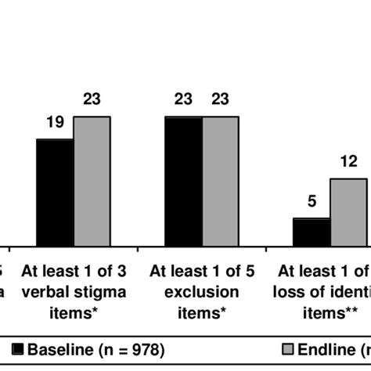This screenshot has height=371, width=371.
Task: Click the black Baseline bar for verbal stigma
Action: [55, 193]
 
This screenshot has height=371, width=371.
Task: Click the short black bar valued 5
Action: [311, 233]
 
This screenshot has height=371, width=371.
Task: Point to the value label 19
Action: [55, 122]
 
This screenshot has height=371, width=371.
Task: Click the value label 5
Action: [311, 201]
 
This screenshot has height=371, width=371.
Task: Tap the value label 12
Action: [348, 162]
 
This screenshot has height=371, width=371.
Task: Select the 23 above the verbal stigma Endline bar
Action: [92, 99]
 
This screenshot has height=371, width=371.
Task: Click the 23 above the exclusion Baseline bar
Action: [184, 99]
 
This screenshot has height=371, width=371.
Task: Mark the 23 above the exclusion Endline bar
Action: [222, 99]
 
